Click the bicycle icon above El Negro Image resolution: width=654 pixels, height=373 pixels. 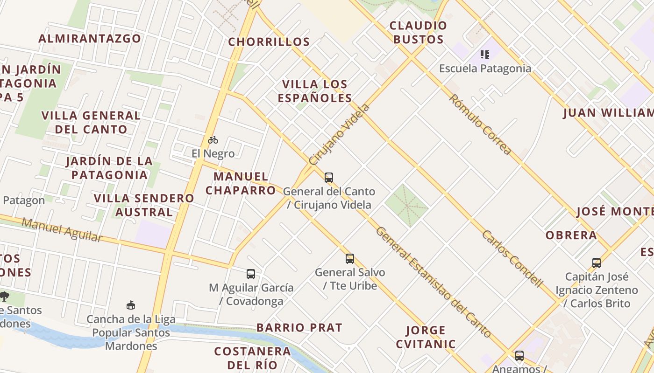pyautogui.click(x=213, y=139)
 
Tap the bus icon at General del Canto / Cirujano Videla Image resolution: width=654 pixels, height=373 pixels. pyautogui.click(x=329, y=177)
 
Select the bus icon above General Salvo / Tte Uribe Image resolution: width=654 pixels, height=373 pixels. pyautogui.click(x=350, y=258)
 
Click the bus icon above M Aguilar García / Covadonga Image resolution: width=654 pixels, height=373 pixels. pyautogui.click(x=251, y=274)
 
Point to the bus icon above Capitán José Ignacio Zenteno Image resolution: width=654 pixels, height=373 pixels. pyautogui.click(x=597, y=262)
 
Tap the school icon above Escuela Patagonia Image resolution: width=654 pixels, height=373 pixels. pyautogui.click(x=485, y=55)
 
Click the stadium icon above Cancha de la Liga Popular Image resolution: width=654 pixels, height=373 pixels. pyautogui.click(x=131, y=305)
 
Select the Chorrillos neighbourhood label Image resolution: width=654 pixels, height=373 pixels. pyautogui.click(x=269, y=42)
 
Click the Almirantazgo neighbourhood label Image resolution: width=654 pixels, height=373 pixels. pyautogui.click(x=90, y=38)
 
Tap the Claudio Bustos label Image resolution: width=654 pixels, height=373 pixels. pyautogui.click(x=418, y=32)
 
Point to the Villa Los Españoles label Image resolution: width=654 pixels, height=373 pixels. pyautogui.click(x=315, y=91)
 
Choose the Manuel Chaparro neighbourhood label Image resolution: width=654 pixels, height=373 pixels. pyautogui.click(x=241, y=183)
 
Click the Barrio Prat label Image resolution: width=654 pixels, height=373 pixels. pyautogui.click(x=299, y=327)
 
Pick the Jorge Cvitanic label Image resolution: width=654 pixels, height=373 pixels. pyautogui.click(x=426, y=337)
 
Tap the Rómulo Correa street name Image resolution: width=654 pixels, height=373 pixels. pyautogui.click(x=480, y=124)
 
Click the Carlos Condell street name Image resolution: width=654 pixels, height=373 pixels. pyautogui.click(x=512, y=258)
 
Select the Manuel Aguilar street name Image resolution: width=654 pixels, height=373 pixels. pyautogui.click(x=62, y=230)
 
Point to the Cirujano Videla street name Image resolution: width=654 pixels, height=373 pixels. pyautogui.click(x=339, y=134)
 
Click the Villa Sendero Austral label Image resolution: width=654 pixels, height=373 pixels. pyautogui.click(x=144, y=205)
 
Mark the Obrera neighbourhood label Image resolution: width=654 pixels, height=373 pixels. pyautogui.click(x=571, y=235)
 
